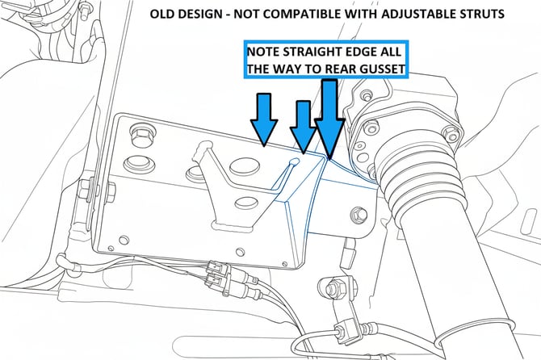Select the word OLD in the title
coord(165,15)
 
